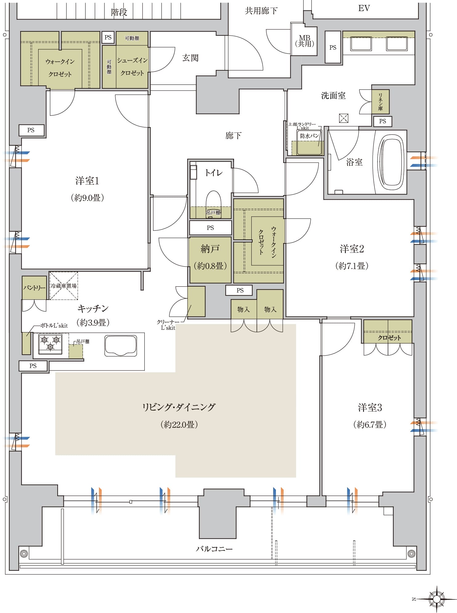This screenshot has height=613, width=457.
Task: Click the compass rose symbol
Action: point(436,599)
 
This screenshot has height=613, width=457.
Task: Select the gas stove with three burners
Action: point(50,344)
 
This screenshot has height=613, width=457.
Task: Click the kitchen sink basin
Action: point(121,346)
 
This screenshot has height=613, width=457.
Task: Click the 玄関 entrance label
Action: point(190,58)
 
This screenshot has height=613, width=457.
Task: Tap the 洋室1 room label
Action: point(87,181)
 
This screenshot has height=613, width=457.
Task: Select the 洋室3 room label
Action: point(370,407)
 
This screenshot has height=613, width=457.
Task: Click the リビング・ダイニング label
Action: point(179,407)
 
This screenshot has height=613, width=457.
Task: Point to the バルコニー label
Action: point(214,549)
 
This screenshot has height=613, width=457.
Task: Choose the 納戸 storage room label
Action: point(210,249)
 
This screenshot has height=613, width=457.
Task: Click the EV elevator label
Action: point(364,8)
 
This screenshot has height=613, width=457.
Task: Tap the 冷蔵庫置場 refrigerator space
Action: point(64,286)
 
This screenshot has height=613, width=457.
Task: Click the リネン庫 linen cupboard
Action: point(380,102)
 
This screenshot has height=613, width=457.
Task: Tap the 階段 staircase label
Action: point(119,12)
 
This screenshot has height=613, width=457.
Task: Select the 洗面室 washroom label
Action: point(333,96)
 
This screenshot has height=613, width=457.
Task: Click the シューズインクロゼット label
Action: point(132,67)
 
